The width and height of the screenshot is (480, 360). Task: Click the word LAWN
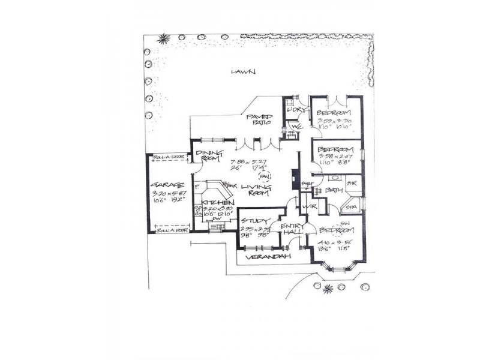pos(244,72)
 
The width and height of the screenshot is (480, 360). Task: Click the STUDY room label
pos(254,221)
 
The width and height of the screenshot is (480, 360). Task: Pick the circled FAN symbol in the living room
pos(263,176)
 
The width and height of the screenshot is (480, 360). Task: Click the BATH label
pos(334,191)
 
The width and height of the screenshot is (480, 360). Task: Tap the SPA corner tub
pos(352,206)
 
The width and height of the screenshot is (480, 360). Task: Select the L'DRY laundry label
pos(294,111)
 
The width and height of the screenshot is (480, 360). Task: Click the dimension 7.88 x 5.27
pos(247,161)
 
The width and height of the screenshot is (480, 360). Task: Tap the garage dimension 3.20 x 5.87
pos(163,194)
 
